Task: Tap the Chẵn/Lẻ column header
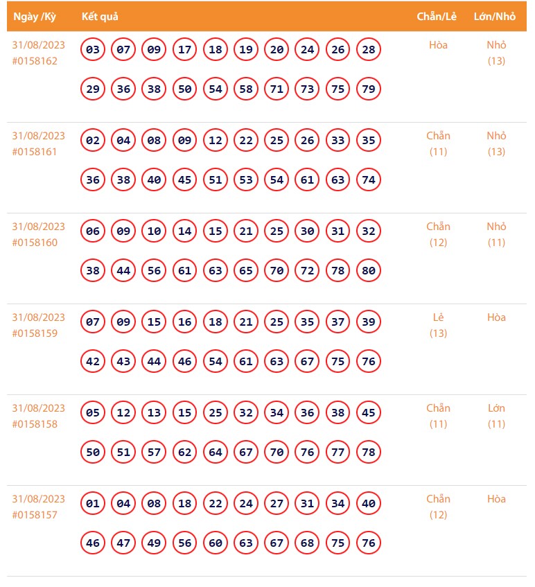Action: pos(437,16)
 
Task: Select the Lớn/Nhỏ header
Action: pos(495,16)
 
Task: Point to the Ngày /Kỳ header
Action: pos(39,16)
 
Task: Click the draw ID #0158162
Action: pos(35,61)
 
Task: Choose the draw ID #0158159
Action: pos(35,333)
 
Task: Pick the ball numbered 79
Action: pos(369,89)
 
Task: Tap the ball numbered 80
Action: pos(369,271)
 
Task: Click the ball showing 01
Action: pos(93,504)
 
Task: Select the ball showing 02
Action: pos(93,141)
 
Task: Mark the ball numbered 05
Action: pos(93,413)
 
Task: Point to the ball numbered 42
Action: pos(93,362)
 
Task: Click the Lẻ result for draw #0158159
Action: pos(438,317)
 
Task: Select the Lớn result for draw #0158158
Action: pos(496,408)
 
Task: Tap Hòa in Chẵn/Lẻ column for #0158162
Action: pos(438,45)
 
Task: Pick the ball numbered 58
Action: pos(246,89)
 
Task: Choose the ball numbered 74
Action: pos(369,180)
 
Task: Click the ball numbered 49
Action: pos(154,543)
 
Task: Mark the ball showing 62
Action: pos(184,453)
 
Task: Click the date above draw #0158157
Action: pos(39,499)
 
